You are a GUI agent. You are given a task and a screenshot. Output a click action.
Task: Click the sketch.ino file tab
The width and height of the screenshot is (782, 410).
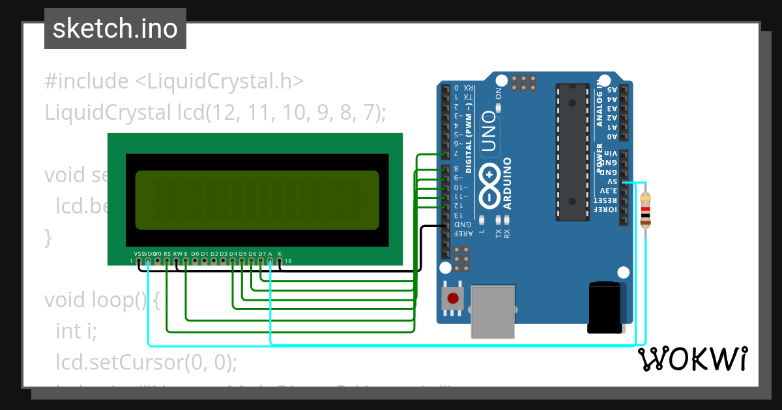[115, 29]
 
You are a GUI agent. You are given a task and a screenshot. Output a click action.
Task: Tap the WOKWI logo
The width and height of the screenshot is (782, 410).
[692, 359]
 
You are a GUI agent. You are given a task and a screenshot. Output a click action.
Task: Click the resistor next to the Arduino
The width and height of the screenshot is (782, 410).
[645, 209]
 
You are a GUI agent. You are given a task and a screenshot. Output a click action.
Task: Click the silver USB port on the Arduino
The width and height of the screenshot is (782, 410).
[492, 311]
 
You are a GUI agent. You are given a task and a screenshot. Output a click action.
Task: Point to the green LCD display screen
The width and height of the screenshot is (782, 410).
[257, 200]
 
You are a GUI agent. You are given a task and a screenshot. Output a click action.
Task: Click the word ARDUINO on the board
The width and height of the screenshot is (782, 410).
[506, 182]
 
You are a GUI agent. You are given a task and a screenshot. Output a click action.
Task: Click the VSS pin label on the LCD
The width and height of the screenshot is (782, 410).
[138, 253]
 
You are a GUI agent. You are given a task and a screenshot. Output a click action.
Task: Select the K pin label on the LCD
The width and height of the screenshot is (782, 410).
[280, 253]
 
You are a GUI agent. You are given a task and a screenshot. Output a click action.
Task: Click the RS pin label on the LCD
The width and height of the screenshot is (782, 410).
[167, 253]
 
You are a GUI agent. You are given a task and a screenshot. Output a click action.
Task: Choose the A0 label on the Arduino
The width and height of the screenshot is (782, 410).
[612, 137]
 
